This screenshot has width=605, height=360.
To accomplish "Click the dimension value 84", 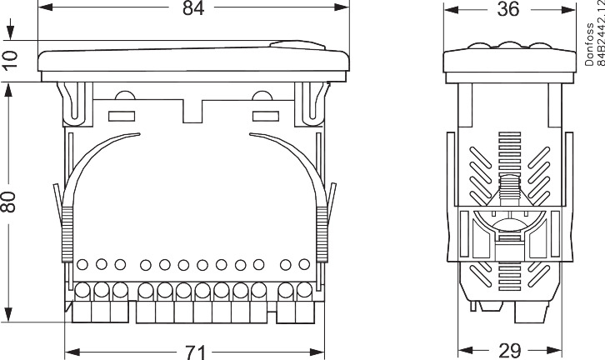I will pyautogui.click(x=193, y=9).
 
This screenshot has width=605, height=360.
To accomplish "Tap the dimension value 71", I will pyautogui.click(x=194, y=352).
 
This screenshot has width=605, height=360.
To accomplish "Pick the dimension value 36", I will pyautogui.click(x=507, y=9).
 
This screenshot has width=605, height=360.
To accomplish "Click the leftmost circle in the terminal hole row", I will pyautogui.click(x=83, y=265).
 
